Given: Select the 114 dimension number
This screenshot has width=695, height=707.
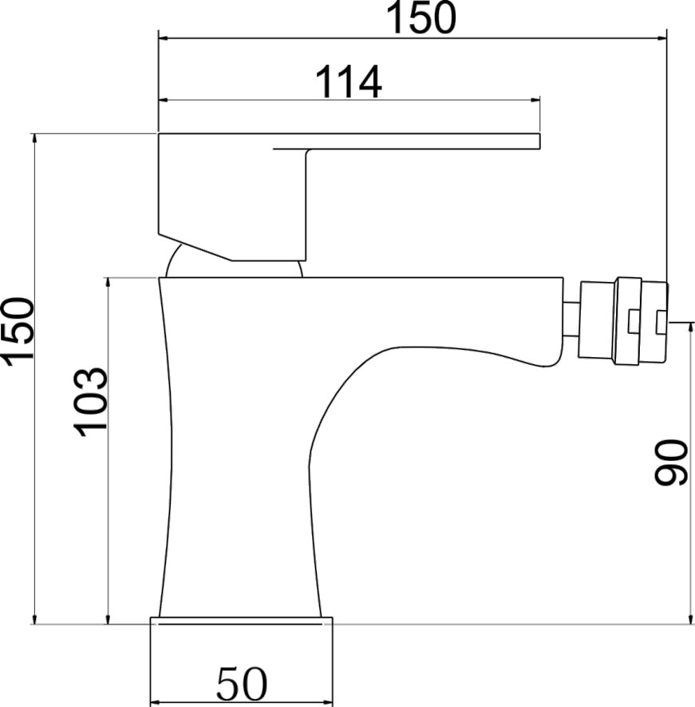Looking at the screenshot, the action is (349, 82).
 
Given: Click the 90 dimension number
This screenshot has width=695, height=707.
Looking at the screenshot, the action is (671, 463).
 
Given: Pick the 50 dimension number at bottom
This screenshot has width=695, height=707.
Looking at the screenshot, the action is (242, 683).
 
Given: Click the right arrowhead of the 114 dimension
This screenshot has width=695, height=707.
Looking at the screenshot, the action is (535, 100).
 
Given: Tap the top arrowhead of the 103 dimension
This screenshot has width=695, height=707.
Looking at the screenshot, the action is (108, 283).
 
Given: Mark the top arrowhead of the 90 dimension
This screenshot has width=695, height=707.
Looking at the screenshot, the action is (690, 328).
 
